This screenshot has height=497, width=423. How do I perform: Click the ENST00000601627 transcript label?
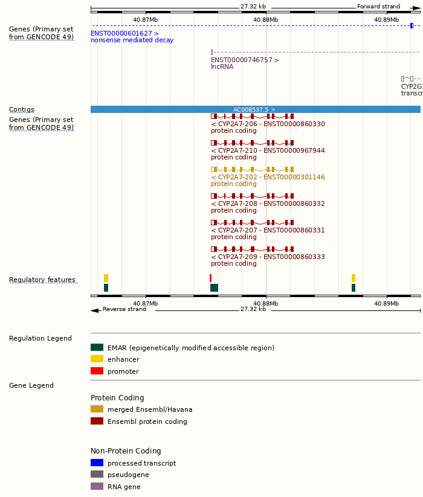point(124,34)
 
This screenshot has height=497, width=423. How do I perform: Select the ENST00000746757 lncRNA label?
point(245,60)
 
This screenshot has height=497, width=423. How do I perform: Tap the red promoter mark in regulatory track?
point(210,278)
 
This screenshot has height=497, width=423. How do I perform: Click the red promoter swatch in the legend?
point(97,371)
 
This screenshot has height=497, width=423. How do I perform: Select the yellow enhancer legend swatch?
point(97,359)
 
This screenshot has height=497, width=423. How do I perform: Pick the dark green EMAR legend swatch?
point(97,348)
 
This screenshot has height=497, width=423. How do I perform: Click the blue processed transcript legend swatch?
point(97,463)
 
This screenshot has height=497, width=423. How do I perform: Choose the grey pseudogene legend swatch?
point(97,475)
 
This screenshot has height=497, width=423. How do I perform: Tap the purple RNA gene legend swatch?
point(97,487)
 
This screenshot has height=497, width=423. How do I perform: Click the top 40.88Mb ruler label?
point(266,19)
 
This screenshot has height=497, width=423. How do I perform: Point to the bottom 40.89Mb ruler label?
point(386,304)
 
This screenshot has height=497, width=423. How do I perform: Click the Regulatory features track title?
point(42,280)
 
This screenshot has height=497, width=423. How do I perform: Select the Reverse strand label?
point(124,310)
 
